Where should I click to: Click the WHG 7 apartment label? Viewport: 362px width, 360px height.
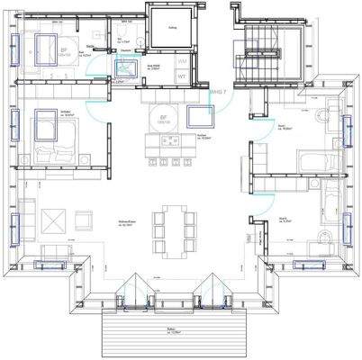[x=216, y=92]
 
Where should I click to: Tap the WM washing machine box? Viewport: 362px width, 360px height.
[x=184, y=60]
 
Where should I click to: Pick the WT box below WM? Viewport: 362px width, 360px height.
[x=184, y=76]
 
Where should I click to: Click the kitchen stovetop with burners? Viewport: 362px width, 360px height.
[x=169, y=140]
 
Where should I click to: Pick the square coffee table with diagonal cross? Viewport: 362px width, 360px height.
[x=51, y=219]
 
